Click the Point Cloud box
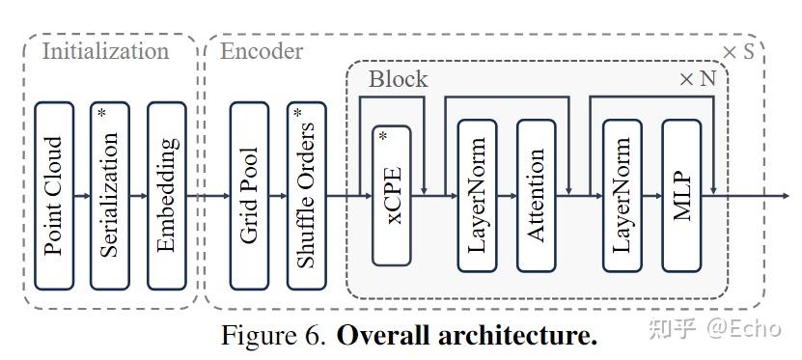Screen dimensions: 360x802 54,196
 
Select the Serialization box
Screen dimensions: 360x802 109,196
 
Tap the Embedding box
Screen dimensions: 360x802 166,196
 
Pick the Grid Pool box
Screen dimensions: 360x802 249,196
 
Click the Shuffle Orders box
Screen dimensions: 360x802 306,196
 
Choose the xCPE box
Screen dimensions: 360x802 391,196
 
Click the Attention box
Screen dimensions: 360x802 537,196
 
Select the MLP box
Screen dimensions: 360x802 681,196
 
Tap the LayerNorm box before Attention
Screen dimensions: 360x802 477,196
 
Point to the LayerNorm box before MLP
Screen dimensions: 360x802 622,196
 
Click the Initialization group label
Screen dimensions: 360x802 105,51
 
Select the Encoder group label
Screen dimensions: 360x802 262,51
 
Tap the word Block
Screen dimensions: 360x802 398,79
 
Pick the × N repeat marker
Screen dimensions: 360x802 698,79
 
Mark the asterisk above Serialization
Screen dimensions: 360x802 100,113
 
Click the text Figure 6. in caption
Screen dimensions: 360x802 274,336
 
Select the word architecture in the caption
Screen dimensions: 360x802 522,336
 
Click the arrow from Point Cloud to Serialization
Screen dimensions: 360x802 82,196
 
